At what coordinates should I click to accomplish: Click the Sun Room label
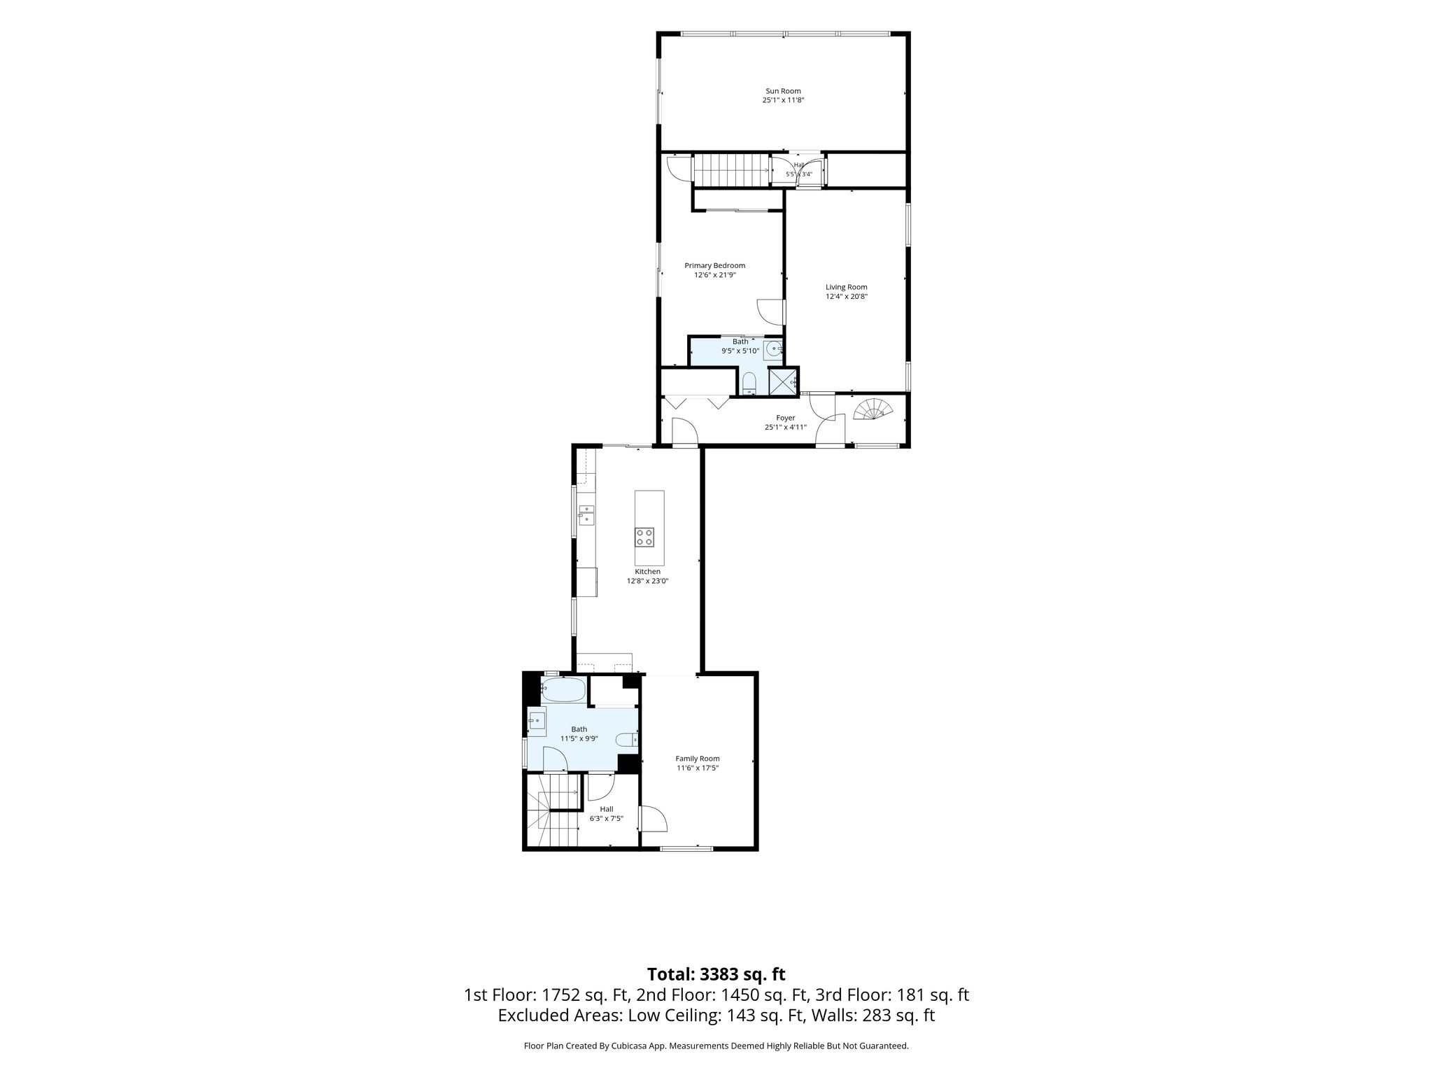click(x=783, y=91)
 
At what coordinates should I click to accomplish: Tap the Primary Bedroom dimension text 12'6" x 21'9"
click(x=714, y=275)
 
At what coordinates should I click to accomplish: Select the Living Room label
click(x=847, y=287)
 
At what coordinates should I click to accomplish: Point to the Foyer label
click(x=786, y=418)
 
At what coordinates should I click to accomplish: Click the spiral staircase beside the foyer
click(x=872, y=409)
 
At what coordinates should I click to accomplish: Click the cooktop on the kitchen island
click(x=644, y=537)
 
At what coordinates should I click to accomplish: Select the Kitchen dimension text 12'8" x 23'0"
click(x=648, y=581)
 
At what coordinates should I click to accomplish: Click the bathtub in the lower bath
click(x=563, y=690)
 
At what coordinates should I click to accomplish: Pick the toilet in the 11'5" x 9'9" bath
click(x=627, y=739)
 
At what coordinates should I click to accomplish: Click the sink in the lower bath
click(x=537, y=720)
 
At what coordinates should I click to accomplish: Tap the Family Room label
click(x=698, y=759)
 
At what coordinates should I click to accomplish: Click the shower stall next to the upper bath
click(x=783, y=382)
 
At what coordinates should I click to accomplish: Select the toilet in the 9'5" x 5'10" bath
click(x=749, y=384)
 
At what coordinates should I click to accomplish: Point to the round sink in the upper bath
click(x=773, y=348)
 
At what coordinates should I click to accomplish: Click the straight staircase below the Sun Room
click(x=731, y=170)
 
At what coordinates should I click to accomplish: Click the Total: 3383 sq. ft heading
click(x=716, y=974)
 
